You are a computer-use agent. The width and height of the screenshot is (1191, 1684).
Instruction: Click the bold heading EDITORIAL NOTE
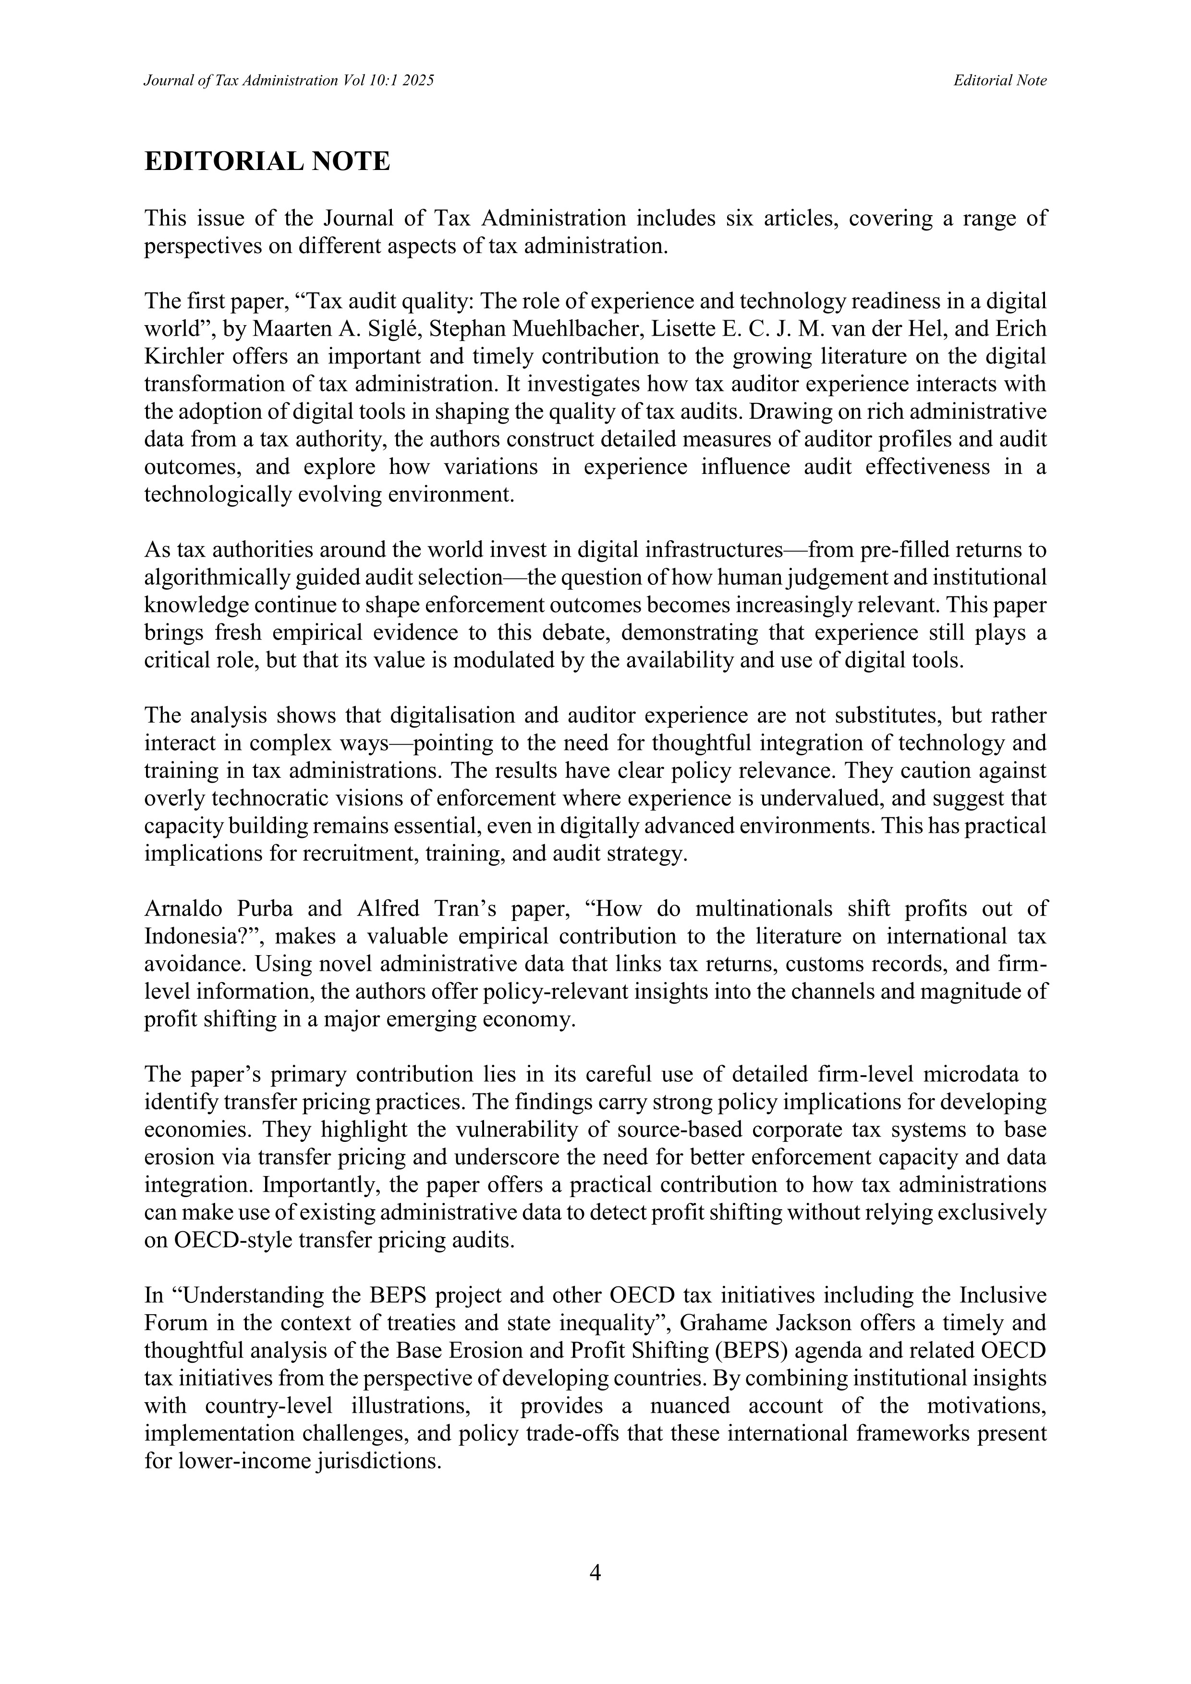[x=267, y=161]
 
